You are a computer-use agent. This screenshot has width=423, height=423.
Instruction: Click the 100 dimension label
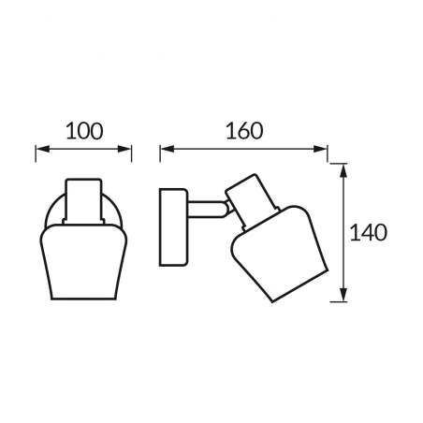click(x=84, y=131)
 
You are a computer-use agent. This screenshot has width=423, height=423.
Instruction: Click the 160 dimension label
click(x=244, y=131)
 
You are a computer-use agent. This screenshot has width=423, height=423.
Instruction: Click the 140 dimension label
click(x=369, y=233)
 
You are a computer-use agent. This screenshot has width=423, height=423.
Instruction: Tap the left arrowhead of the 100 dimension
click(x=43, y=149)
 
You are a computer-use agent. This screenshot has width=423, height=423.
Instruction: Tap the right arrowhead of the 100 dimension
click(x=124, y=149)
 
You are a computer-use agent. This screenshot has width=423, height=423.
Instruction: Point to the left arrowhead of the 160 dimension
click(x=168, y=149)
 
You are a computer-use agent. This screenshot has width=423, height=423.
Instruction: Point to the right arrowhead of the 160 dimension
click(x=320, y=149)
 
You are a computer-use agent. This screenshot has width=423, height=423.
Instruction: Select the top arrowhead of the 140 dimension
click(x=343, y=171)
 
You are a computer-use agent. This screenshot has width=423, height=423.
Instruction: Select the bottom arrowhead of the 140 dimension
click(x=343, y=295)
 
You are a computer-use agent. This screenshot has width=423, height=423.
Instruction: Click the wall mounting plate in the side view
click(x=173, y=227)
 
